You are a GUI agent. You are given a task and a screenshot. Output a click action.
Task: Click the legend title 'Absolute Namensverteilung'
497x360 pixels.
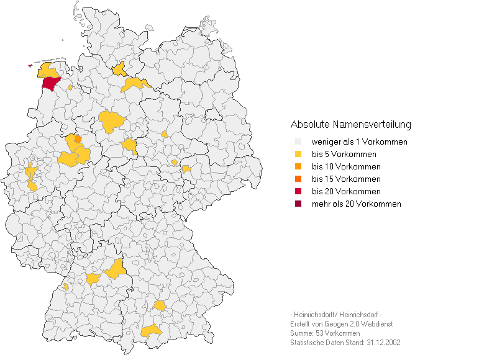350,125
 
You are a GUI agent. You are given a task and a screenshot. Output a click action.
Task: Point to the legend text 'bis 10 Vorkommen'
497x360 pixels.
346,167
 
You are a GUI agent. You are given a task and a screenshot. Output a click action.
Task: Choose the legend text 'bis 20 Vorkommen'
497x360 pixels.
346,192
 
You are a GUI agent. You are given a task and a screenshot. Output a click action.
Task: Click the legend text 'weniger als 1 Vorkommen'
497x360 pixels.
359,142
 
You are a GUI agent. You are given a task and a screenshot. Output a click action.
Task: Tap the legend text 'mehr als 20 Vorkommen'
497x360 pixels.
356,204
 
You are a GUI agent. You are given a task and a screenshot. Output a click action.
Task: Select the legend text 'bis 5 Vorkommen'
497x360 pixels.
344,155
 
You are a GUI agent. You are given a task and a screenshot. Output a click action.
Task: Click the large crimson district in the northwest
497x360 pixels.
50,84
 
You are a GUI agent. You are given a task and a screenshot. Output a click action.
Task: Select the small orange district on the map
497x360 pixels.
78,139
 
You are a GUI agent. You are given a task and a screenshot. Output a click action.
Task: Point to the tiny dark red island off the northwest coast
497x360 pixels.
29,66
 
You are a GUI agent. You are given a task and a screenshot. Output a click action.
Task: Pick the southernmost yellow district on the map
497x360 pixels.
151,331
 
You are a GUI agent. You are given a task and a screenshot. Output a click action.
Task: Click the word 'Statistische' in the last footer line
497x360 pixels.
307,343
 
